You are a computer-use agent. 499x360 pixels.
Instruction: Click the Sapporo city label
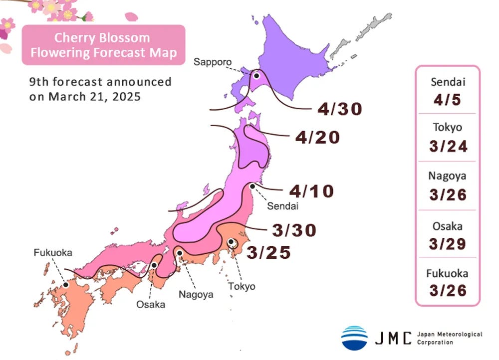point(213,62)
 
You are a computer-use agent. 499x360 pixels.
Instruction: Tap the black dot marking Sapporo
point(256,76)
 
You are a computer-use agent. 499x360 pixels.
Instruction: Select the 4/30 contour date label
point(339,109)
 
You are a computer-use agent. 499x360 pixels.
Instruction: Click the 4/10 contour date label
point(311,191)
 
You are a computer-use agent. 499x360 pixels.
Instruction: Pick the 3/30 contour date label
point(294,230)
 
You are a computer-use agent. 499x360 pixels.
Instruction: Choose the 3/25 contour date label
point(268,252)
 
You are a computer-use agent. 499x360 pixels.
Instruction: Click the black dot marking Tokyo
point(231,242)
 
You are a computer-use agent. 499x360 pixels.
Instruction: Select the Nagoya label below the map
point(196,294)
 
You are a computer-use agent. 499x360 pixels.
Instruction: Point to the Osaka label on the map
point(151,304)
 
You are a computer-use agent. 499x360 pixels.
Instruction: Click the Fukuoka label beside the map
point(53,253)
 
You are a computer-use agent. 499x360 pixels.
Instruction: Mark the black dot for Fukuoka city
point(65,286)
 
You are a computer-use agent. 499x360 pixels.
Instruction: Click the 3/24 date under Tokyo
point(448,146)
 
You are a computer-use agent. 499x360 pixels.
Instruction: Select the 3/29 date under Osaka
point(448,244)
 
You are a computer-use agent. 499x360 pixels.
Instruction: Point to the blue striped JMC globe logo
point(354,338)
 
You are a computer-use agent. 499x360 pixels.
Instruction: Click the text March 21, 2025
point(94,97)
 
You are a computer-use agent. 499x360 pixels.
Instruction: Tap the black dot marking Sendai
point(252,186)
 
